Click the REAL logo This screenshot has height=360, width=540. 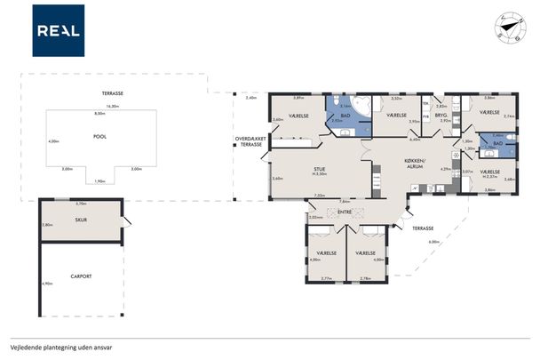[59, 30]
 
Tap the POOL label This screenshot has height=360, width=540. [99, 137]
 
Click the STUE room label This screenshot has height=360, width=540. [320, 168]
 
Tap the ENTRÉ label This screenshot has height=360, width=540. [345, 212]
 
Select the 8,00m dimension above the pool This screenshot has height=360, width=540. [99, 114]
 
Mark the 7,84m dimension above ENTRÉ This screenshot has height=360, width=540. [345, 202]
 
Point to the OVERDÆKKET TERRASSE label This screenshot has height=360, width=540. [248, 141]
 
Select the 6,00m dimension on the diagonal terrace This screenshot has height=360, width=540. [433, 242]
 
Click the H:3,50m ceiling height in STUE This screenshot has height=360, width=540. [320, 174]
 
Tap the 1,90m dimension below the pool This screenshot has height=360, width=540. [99, 180]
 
